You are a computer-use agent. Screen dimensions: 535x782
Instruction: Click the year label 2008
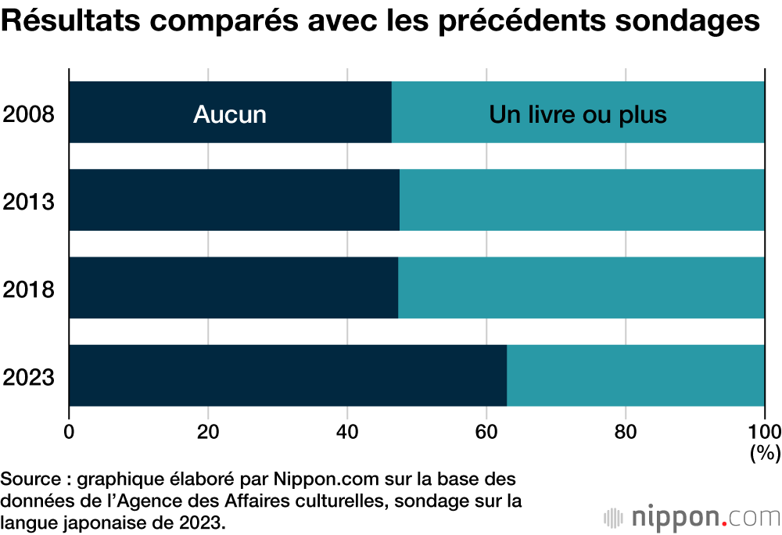28,115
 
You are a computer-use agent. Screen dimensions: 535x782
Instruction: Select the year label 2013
28,203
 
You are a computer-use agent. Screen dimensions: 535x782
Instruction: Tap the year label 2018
28,290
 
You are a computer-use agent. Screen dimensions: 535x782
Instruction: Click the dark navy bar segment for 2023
288,375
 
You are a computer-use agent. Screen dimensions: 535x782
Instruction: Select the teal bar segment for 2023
635,375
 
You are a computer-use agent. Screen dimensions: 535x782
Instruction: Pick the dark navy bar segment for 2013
234,200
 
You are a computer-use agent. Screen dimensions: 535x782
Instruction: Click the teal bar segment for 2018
581,288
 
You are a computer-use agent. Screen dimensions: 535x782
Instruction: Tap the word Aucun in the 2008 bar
230,115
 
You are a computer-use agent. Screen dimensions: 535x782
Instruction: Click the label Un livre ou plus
577,115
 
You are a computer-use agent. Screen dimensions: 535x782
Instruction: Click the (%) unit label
764,452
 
